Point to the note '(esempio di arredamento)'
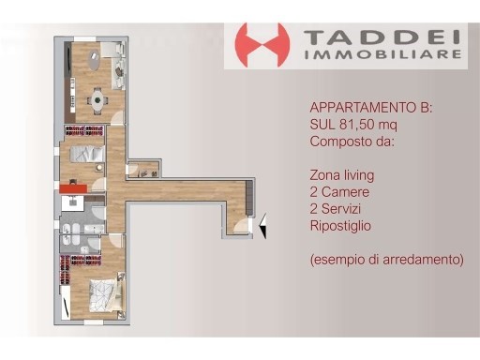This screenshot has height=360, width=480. [x=385, y=260]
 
